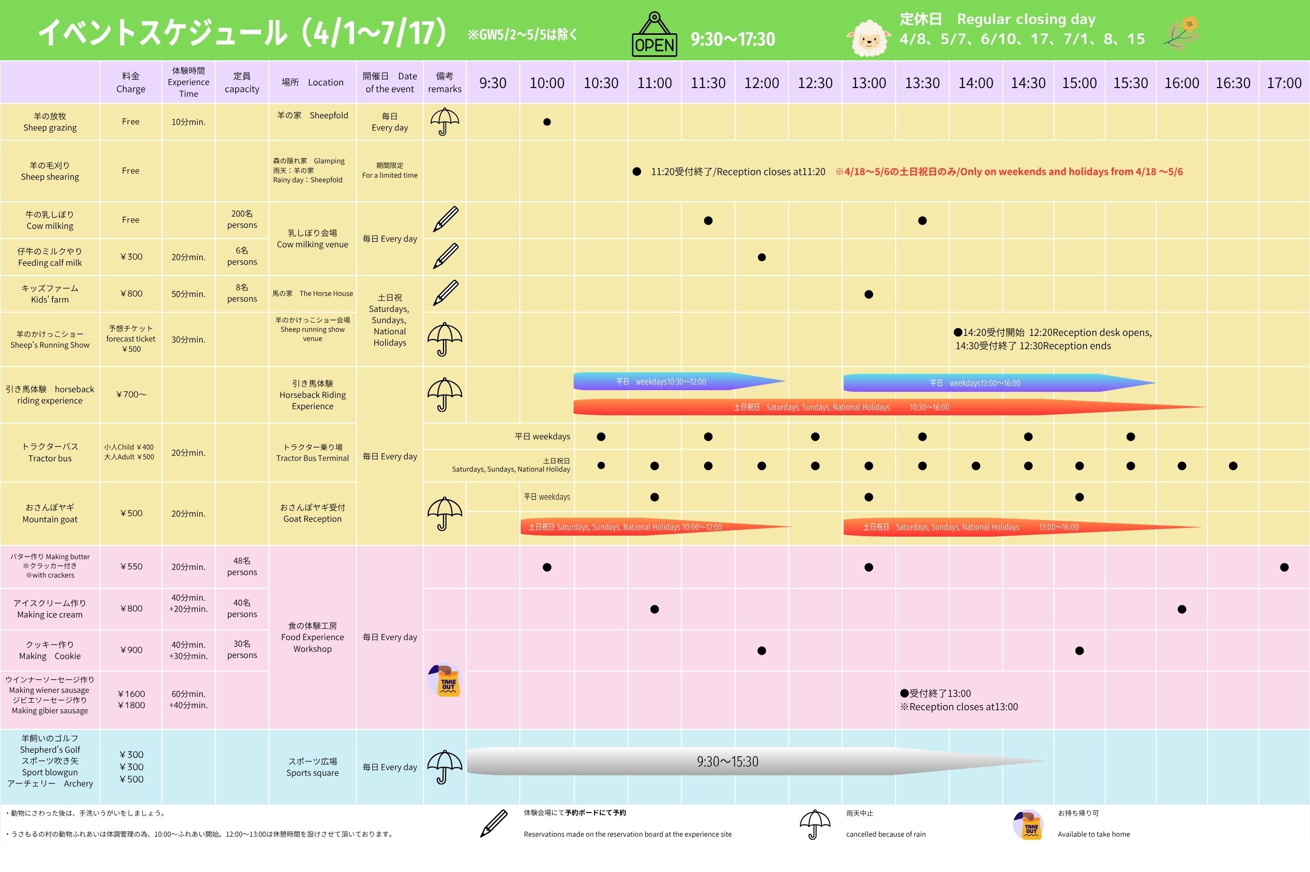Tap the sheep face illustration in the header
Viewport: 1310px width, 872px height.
(869, 38)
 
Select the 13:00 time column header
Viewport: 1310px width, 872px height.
(869, 83)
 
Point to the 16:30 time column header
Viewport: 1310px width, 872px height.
(1233, 83)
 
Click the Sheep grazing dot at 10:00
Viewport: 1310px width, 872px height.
(547, 122)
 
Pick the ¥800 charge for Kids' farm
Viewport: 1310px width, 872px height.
(131, 293)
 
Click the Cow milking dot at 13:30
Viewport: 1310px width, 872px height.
(922, 221)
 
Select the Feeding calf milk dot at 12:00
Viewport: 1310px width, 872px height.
(762, 258)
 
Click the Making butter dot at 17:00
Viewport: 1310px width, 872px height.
(1284, 567)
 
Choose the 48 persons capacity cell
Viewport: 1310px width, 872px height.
(242, 567)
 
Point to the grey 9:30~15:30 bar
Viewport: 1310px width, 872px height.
(728, 761)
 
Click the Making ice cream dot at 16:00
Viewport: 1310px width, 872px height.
(1181, 609)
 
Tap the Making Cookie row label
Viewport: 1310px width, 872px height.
(50, 650)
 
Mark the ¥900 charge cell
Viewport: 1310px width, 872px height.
(131, 650)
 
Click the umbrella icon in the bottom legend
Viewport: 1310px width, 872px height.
(814, 824)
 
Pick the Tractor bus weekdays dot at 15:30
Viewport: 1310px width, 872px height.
(1130, 437)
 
